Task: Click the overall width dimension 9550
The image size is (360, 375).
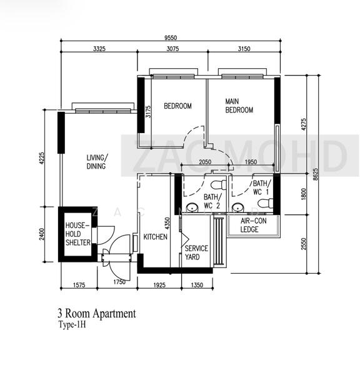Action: pyautogui.click(x=171, y=37)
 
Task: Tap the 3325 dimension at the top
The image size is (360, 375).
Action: pyautogui.click(x=99, y=49)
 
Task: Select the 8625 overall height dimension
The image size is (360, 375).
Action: pyautogui.click(x=316, y=174)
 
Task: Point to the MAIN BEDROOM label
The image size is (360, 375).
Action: pyautogui.click(x=239, y=106)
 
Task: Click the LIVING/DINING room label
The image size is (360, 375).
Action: pyautogui.click(x=97, y=162)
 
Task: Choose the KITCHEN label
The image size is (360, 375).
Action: pyautogui.click(x=155, y=237)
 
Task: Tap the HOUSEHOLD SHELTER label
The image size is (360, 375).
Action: pyautogui.click(x=78, y=234)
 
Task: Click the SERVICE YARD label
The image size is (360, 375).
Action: pyautogui.click(x=196, y=252)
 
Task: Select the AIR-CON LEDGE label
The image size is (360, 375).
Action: pyautogui.click(x=253, y=225)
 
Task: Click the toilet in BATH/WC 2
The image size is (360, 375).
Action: pyautogui.click(x=218, y=185)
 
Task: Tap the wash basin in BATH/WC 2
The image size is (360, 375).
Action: pyautogui.click(x=192, y=207)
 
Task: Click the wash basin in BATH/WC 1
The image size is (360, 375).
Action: pyautogui.click(x=237, y=207)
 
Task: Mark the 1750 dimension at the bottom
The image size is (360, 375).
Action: pyautogui.click(x=119, y=282)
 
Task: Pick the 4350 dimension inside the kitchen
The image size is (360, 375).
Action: pyautogui.click(x=167, y=223)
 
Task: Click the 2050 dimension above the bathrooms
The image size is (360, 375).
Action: pyautogui.click(x=205, y=162)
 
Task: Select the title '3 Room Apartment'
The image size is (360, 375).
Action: pyautogui.click(x=97, y=314)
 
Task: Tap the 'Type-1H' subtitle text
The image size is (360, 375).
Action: pyautogui.click(x=72, y=325)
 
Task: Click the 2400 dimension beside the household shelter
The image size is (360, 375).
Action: pyautogui.click(x=42, y=234)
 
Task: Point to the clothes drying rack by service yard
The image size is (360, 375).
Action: pyautogui.click(x=218, y=241)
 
